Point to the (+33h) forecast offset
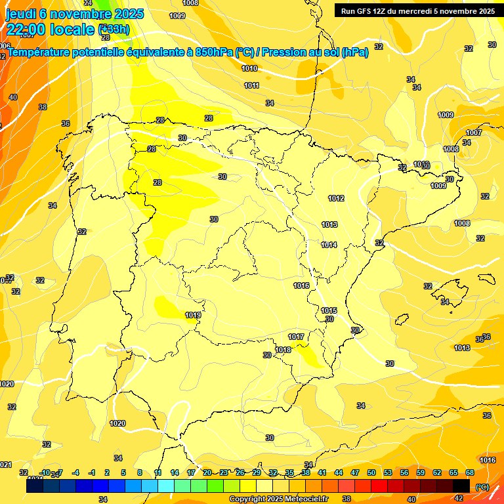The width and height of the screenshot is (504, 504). (114, 30)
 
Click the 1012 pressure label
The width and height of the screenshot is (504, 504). (336, 198)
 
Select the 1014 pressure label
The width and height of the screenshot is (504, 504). (329, 245)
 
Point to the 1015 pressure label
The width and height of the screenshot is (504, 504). (329, 310)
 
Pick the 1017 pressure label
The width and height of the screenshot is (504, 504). (296, 337)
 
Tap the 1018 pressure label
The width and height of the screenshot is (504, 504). (283, 350)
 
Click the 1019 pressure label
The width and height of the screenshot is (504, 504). (193, 315)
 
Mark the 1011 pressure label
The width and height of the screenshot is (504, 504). (251, 85)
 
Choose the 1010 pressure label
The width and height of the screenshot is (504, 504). (249, 68)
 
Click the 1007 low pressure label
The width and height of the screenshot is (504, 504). (474, 133)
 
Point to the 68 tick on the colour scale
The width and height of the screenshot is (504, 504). (470, 472)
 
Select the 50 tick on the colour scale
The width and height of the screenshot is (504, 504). (371, 472)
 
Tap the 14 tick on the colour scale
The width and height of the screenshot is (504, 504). (175, 472)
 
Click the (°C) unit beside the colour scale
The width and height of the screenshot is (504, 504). (482, 486)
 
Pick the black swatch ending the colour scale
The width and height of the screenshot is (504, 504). (461, 486)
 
